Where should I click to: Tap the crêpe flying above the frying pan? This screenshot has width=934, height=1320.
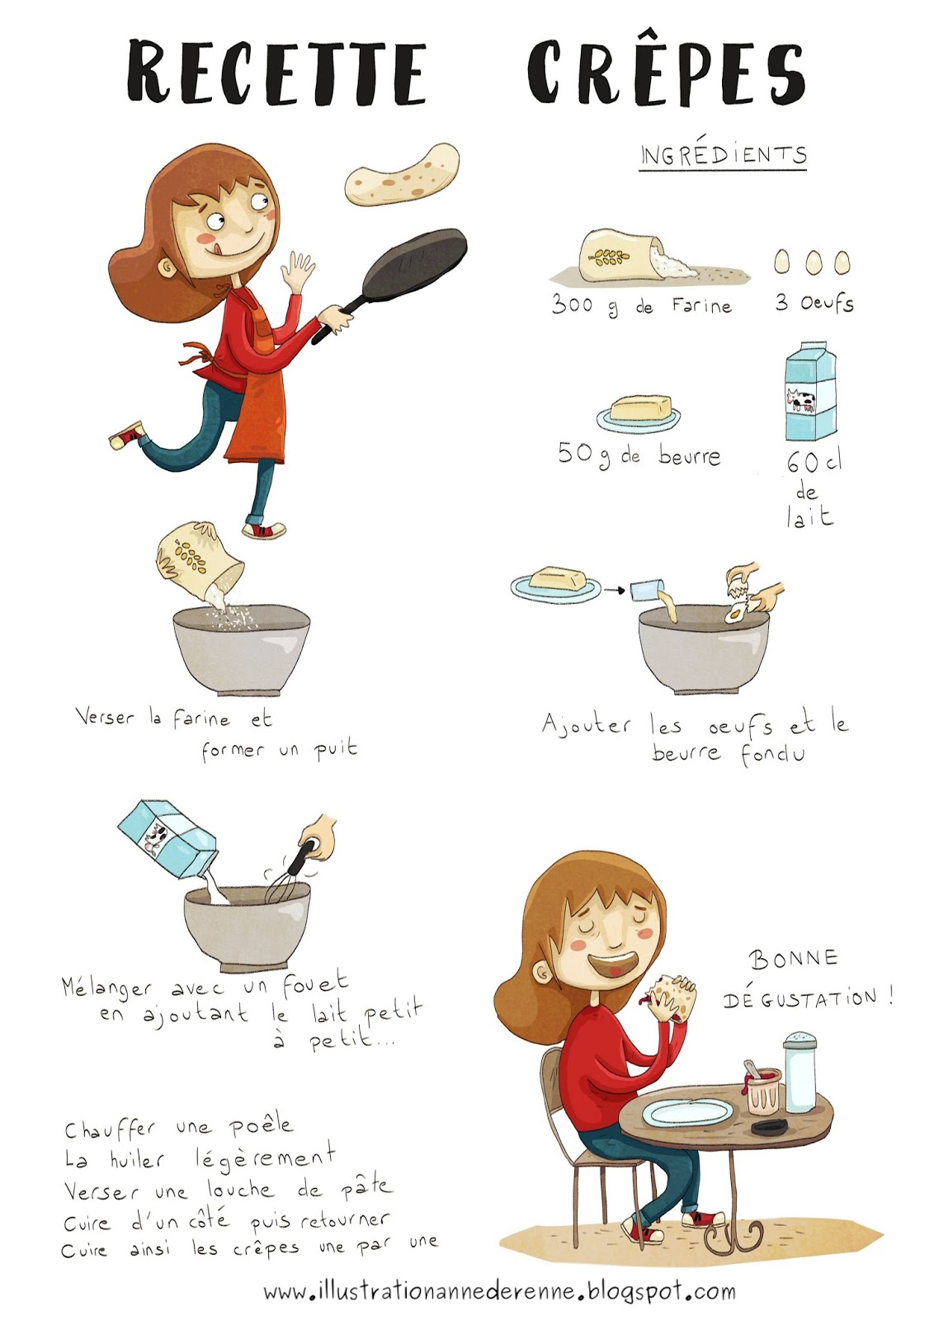(402, 174)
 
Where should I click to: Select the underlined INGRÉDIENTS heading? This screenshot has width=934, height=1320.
(723, 155)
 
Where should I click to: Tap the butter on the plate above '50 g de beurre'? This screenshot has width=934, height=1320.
(640, 408)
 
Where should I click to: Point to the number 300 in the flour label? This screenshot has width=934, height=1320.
(572, 304)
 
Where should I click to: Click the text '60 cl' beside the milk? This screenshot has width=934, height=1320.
(814, 462)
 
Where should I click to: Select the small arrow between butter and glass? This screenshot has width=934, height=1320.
(614, 589)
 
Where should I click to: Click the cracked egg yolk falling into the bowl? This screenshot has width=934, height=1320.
(733, 615)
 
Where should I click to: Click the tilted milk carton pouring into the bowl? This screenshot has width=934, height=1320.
(168, 839)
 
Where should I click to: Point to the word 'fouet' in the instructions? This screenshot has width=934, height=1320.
(315, 982)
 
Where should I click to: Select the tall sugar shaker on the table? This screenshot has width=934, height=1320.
(800, 1072)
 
